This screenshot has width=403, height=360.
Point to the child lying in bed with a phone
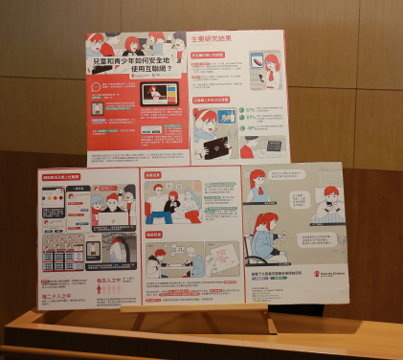322,204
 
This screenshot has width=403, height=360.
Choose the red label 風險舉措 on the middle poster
155,235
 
